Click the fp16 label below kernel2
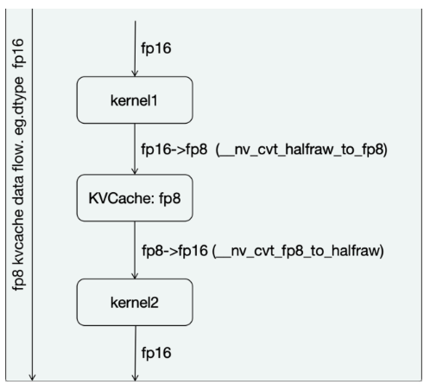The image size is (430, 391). pos(156,355)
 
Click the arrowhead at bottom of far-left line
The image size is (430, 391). pos(32,376)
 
